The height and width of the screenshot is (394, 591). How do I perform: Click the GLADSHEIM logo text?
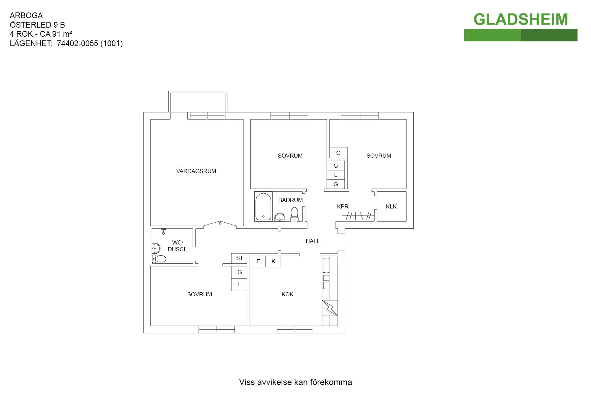point(521,20)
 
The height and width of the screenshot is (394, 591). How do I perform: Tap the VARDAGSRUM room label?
point(196,171)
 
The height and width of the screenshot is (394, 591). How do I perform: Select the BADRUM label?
point(290,200)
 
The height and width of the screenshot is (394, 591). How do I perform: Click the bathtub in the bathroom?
point(263,206)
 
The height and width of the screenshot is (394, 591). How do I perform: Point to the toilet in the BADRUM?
point(294,214)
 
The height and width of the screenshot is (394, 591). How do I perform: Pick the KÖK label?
point(287,294)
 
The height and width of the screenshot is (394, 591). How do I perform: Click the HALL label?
point(313,241)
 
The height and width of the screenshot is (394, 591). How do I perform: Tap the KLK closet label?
point(391,206)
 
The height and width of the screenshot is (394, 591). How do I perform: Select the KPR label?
point(343,206)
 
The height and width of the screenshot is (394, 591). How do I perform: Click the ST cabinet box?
point(239,258)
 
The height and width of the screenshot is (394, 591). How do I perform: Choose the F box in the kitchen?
point(258,261)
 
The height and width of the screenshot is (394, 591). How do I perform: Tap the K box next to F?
point(273,261)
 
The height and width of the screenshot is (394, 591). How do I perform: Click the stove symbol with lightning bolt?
point(330,308)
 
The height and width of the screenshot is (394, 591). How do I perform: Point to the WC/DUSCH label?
point(178,246)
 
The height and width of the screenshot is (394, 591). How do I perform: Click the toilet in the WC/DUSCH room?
point(159,259)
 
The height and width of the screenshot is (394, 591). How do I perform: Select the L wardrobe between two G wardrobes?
point(336,175)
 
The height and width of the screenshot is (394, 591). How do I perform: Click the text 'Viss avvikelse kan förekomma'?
point(295,382)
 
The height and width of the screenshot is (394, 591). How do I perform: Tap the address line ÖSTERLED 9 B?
point(37,25)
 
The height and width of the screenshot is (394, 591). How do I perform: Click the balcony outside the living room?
point(197,102)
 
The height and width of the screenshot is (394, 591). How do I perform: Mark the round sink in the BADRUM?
point(280,217)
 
